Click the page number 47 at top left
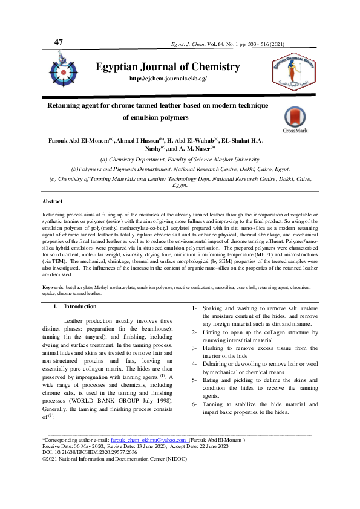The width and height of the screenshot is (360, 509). click(58, 42)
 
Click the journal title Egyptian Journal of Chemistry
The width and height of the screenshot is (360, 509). click(168, 67)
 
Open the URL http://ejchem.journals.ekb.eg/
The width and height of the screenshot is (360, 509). click(168, 79)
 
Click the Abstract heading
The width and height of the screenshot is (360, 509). click(52, 201)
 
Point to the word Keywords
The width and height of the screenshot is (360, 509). click(55, 287)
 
